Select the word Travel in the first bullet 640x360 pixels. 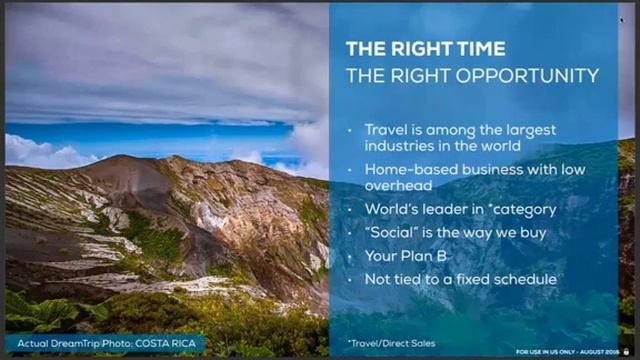pos(386,129)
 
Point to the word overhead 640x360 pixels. pos(398,186)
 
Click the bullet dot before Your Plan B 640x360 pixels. pos(350,256)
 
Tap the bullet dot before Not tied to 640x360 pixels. pos(350,279)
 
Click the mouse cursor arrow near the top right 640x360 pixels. pos(621,19)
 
